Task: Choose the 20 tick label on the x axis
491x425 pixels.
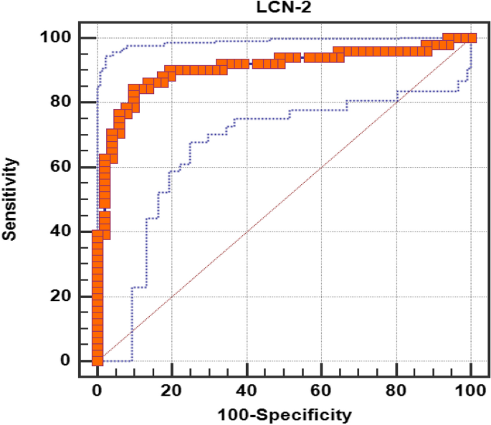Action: (x=171, y=391)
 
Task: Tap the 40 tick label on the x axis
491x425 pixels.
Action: (x=247, y=391)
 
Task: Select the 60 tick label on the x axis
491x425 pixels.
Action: (x=321, y=391)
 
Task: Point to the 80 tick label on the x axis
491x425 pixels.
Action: (x=396, y=391)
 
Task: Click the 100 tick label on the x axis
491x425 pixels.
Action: (x=470, y=391)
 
